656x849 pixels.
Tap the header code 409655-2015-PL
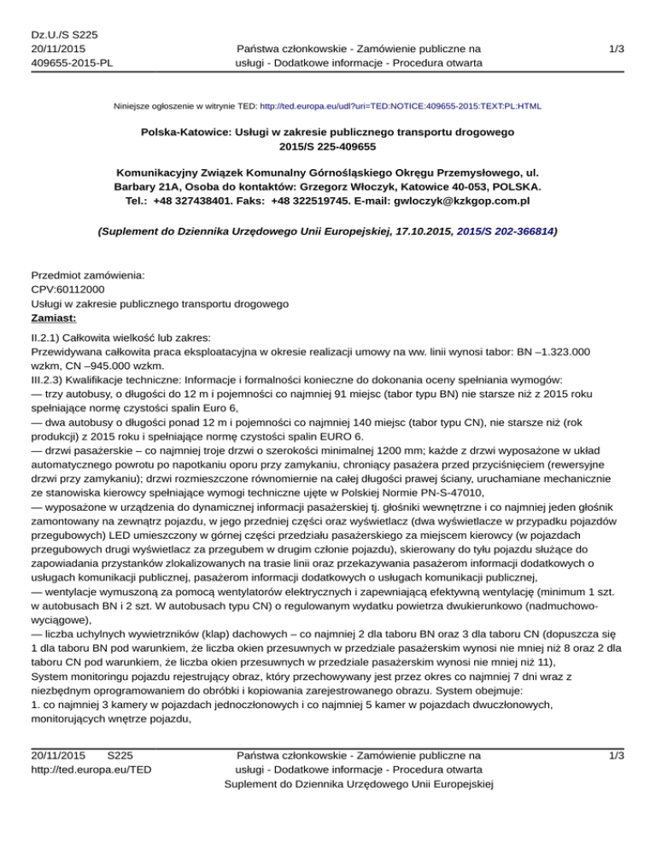click(72, 61)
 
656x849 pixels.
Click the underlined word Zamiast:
click(55, 318)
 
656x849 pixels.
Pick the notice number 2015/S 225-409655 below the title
click(327, 148)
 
